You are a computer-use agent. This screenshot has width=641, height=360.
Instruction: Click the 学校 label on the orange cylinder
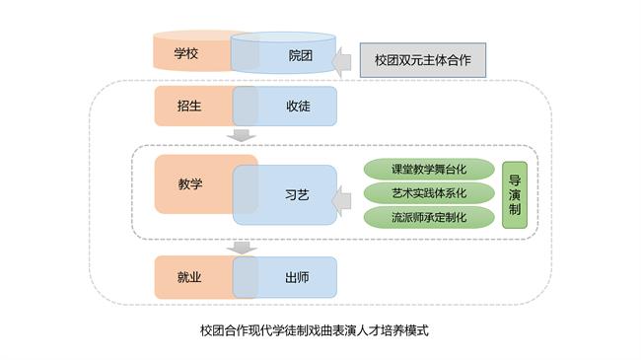185,54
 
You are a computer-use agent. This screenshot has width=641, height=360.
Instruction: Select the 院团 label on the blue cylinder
301,55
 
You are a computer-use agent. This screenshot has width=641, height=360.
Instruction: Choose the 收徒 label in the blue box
298,107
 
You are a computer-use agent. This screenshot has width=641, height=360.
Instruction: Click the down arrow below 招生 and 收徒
242,135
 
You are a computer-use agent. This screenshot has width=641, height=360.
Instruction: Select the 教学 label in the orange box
190,183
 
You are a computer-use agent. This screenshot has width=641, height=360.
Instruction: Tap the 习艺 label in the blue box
296,195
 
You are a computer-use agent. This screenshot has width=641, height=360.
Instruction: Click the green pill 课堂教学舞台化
429,168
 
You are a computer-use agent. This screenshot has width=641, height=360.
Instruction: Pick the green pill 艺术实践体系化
429,191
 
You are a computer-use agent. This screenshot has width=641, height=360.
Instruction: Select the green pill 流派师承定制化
429,216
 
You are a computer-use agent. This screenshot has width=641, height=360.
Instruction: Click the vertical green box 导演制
515,195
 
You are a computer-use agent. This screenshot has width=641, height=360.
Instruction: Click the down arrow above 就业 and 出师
242,248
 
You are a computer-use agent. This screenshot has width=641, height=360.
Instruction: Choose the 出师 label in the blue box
297,278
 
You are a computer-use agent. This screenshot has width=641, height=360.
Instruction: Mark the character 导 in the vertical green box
515,180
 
